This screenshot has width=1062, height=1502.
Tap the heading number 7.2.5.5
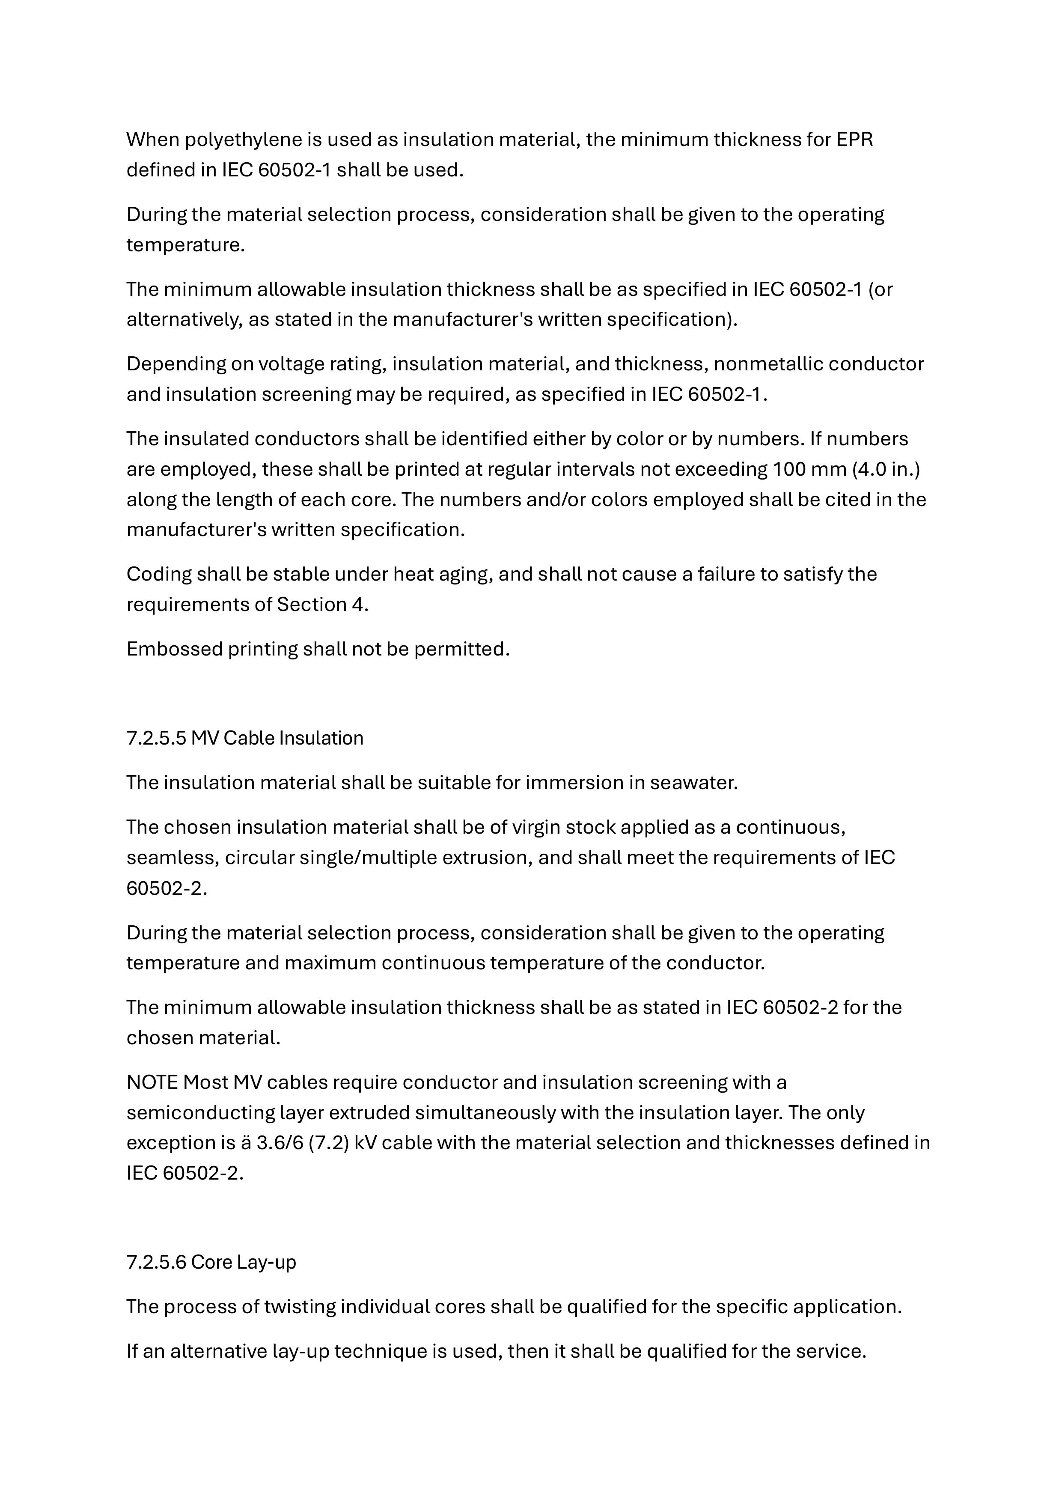[x=156, y=738]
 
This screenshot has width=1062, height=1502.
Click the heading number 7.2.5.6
[x=156, y=1262]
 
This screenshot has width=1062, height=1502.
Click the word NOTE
[x=152, y=1083]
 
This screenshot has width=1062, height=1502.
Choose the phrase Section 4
[x=322, y=605]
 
